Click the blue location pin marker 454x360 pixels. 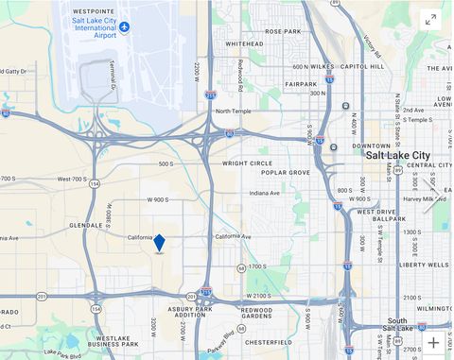pos(159,244)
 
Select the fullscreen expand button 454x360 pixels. pos(430,19)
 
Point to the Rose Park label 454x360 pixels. pos(283,31)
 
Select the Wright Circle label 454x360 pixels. pos(248,163)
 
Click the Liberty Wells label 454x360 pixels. pos(424,266)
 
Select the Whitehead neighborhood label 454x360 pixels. pos(244,43)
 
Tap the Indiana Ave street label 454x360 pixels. pos(264,194)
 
